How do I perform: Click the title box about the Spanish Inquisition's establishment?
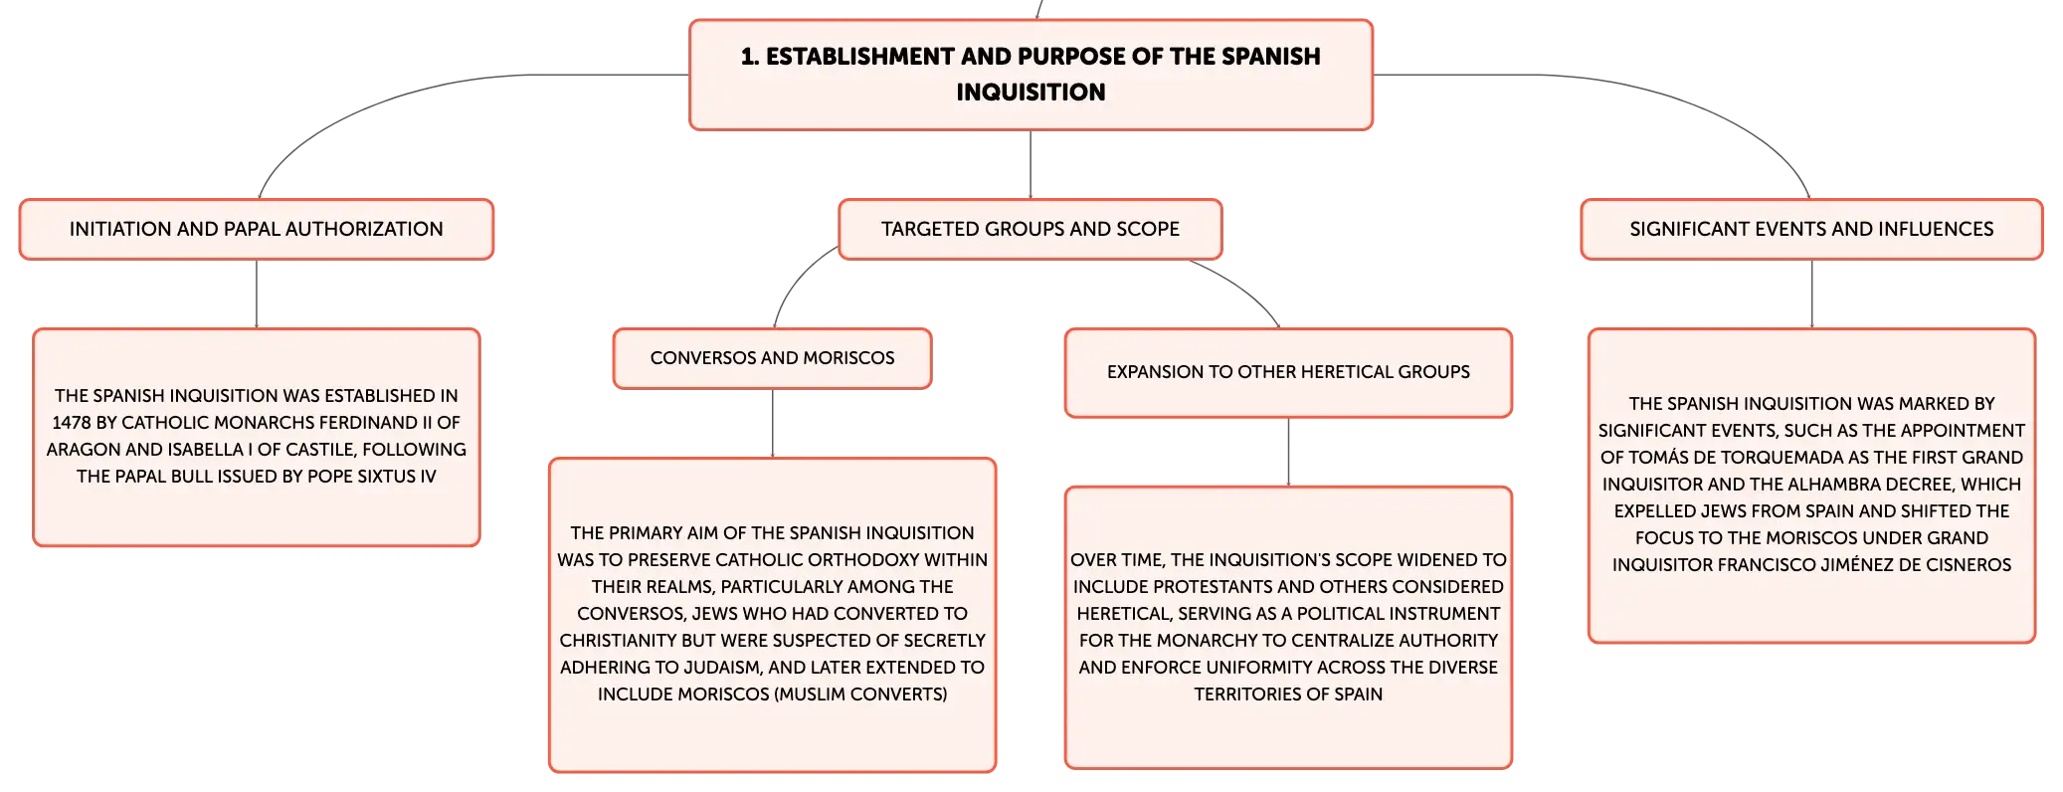coord(1031,75)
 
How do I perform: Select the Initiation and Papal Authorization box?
coord(257,229)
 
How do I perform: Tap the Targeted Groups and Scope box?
coord(1031,229)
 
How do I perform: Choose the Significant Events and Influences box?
coord(1811,229)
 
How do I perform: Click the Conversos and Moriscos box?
coord(773,358)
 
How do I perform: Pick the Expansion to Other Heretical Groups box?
coord(1288,372)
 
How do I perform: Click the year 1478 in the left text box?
coord(72,423)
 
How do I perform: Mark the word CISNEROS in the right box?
coord(1968,565)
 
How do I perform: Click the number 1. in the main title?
coord(750,57)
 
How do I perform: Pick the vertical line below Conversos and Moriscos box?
coord(773,423)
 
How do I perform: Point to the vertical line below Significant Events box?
coord(1812,295)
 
